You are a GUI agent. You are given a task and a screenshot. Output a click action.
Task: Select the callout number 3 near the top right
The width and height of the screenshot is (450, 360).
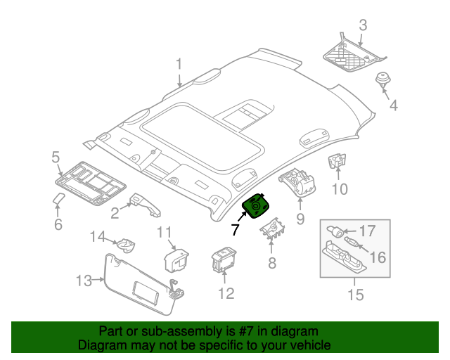(x=363, y=26)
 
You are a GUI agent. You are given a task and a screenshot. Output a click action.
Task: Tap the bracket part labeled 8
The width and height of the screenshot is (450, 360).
(x=273, y=229)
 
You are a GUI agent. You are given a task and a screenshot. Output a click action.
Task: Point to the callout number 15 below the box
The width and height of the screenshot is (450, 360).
(x=356, y=295)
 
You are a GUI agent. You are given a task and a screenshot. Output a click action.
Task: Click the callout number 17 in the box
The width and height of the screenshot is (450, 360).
(x=368, y=231)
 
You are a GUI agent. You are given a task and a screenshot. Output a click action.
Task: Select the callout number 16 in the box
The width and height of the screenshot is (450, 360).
(x=378, y=257)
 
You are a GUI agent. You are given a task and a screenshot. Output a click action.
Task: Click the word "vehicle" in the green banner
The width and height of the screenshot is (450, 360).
(x=305, y=345)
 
